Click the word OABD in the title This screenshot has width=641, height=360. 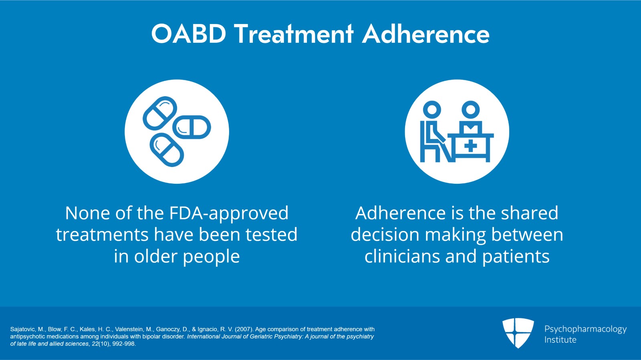189,34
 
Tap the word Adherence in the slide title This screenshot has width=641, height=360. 426,34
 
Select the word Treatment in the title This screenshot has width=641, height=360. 294,34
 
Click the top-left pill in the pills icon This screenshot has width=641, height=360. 160,113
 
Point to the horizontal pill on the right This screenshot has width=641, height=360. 191,127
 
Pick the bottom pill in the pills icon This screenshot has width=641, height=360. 167,150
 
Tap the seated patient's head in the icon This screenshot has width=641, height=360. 432,109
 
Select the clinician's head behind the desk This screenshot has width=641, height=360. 470,109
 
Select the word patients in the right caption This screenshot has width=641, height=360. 516,256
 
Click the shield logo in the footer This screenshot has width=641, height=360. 518,333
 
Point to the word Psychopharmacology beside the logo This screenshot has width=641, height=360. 585,329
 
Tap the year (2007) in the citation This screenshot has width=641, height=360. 244,329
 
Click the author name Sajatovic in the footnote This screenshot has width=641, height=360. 22,329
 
